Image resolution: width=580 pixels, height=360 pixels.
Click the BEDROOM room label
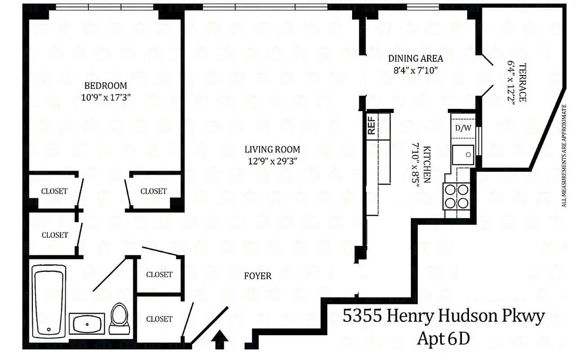tap(106, 85)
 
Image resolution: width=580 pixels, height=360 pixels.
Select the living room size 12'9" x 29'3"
tap(272, 160)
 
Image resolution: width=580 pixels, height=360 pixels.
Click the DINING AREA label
tap(415, 58)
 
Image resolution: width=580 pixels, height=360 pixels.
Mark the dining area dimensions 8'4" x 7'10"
tap(415, 70)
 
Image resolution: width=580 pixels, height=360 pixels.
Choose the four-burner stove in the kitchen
tap(456, 197)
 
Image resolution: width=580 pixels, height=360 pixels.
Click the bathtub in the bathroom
tap(49, 299)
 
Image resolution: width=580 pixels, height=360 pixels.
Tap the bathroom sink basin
tap(89, 323)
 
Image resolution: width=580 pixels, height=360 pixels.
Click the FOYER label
tap(258, 276)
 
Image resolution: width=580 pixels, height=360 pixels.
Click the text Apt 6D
tap(443, 338)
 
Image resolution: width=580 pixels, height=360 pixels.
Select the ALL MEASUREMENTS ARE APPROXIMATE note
tap(564, 156)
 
